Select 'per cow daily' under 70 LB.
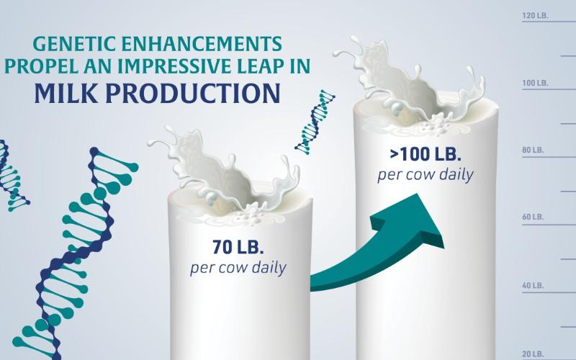click(x=238, y=269)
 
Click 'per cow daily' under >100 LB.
click(x=425, y=175)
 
